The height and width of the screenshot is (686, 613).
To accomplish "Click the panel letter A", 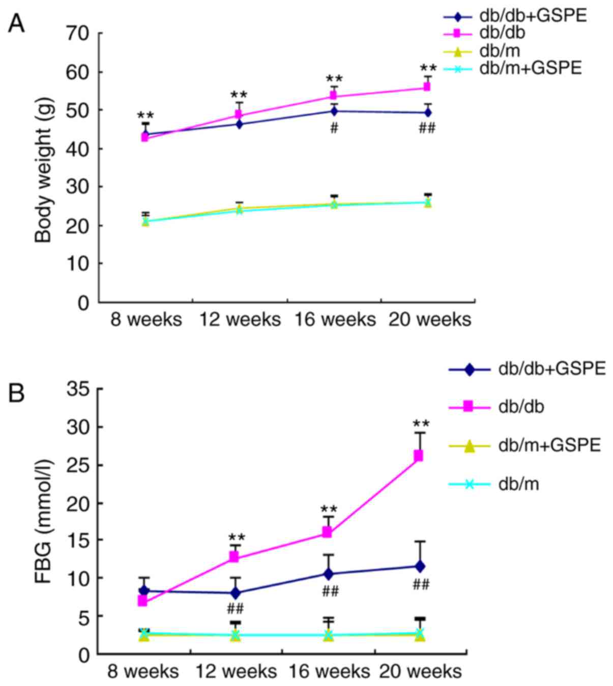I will [16, 23].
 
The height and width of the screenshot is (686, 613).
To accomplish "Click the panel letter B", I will [16, 393].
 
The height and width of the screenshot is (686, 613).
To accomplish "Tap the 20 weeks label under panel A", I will [430, 320].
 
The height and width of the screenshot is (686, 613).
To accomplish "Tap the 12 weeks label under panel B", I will [237, 672].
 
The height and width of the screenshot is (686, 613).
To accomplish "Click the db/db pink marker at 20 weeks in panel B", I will [418, 455].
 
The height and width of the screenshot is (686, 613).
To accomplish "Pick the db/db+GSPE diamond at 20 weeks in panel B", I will [420, 566].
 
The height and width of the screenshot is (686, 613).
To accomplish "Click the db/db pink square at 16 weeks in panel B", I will [327, 532].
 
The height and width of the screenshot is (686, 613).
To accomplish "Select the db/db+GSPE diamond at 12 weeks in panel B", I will [235, 593].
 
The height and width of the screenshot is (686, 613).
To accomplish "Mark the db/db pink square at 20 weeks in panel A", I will [427, 87].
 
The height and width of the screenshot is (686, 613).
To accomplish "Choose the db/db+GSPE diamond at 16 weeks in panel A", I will [334, 111].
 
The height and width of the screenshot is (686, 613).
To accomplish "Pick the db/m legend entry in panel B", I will [518, 484].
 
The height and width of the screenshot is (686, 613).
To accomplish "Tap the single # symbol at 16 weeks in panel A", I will [334, 128].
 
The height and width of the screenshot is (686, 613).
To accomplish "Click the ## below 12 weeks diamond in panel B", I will [236, 608].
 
